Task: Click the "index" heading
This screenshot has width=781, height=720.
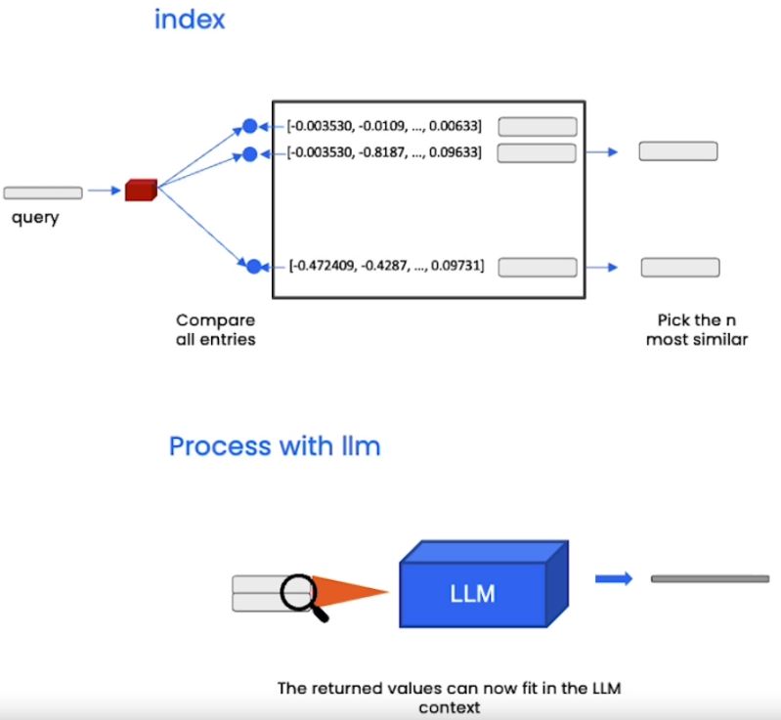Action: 190,20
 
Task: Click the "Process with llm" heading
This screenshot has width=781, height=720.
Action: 275,446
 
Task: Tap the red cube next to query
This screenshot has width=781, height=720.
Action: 141,191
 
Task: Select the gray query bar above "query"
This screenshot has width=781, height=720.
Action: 43,192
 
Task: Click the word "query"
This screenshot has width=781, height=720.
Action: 35,218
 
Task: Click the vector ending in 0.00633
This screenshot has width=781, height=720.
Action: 384,126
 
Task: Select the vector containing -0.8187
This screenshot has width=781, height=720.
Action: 384,152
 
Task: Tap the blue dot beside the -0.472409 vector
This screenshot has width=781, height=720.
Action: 253,266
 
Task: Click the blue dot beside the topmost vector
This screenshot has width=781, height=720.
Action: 249,126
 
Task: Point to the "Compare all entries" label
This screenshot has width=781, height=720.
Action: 216,329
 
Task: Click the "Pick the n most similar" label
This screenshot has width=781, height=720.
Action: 696,329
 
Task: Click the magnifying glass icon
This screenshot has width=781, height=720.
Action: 301,592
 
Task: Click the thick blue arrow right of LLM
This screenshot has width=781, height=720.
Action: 614,578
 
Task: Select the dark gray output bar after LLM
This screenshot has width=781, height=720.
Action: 710,579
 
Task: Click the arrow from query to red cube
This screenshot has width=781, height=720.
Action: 103,192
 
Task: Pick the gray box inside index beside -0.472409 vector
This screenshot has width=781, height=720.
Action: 538,267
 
